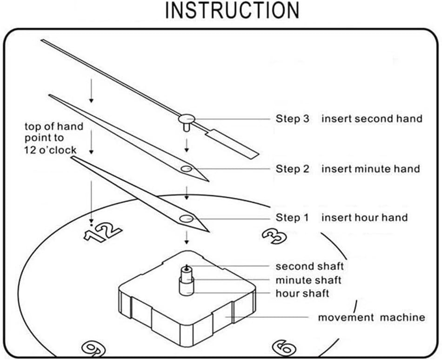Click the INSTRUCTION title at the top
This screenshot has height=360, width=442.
(232, 11)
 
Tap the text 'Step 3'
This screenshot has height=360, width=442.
(292, 118)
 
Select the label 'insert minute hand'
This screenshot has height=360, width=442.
(371, 169)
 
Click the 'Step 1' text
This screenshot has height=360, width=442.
(292, 218)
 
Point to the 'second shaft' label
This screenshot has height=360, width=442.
(309, 266)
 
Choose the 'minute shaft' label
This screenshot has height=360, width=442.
(308, 280)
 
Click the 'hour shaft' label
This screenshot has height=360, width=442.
(302, 293)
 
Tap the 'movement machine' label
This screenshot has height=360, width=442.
(372, 317)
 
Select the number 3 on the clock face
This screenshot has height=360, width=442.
(275, 235)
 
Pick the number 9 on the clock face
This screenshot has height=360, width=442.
(94, 349)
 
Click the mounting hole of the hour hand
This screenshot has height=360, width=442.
(186, 218)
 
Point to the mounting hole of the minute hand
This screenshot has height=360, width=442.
(186, 169)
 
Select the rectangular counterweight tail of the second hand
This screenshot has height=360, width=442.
(232, 144)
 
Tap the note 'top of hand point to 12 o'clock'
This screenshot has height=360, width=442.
(54, 138)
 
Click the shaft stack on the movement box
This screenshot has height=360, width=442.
(187, 280)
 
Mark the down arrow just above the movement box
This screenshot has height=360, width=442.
(186, 238)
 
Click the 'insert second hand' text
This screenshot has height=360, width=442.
(372, 118)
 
